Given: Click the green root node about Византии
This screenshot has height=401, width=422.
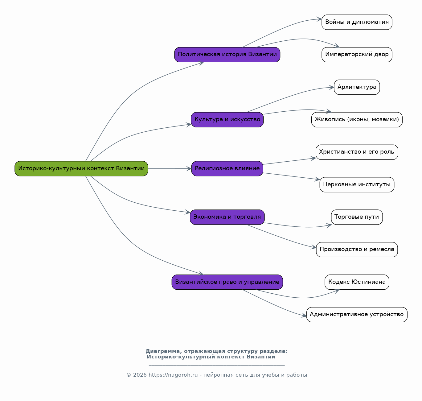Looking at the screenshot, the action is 81,169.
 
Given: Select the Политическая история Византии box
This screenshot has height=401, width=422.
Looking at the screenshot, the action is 227,55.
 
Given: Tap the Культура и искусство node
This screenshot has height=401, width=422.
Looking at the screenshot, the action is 227,120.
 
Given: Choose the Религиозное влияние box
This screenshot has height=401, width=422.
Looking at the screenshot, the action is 227,169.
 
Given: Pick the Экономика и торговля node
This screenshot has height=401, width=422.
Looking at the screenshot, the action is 227,217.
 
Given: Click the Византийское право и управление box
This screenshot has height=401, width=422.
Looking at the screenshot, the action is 227,282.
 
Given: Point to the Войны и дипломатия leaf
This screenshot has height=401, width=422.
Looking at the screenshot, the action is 357,22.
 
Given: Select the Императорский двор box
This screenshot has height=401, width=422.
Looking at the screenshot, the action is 357,55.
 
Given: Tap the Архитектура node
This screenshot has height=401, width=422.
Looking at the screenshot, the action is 357,87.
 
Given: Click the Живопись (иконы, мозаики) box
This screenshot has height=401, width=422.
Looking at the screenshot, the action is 357,120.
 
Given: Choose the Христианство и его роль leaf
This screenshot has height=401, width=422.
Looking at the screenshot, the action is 357,152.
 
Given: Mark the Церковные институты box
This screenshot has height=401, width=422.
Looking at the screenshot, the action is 357,185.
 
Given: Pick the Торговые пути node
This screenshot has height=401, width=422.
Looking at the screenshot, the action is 357,217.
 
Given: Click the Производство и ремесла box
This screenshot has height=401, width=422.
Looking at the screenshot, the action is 357,250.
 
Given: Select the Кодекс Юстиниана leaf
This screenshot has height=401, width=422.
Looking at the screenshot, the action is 357,282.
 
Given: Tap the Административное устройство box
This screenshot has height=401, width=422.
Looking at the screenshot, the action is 357,314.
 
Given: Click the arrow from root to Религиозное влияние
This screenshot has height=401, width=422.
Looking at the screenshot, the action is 170,169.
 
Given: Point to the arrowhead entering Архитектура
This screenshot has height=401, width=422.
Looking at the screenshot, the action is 331,87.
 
